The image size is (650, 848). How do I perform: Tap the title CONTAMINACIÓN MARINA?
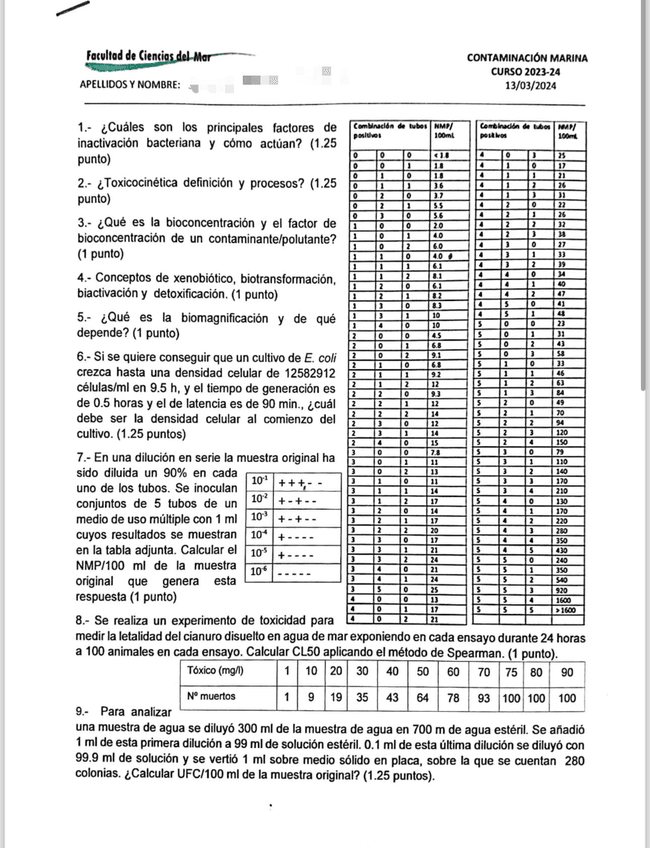[x=541, y=58]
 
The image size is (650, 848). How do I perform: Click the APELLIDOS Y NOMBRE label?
[x=129, y=85]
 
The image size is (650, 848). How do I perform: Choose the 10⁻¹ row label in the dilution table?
[x=259, y=481]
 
